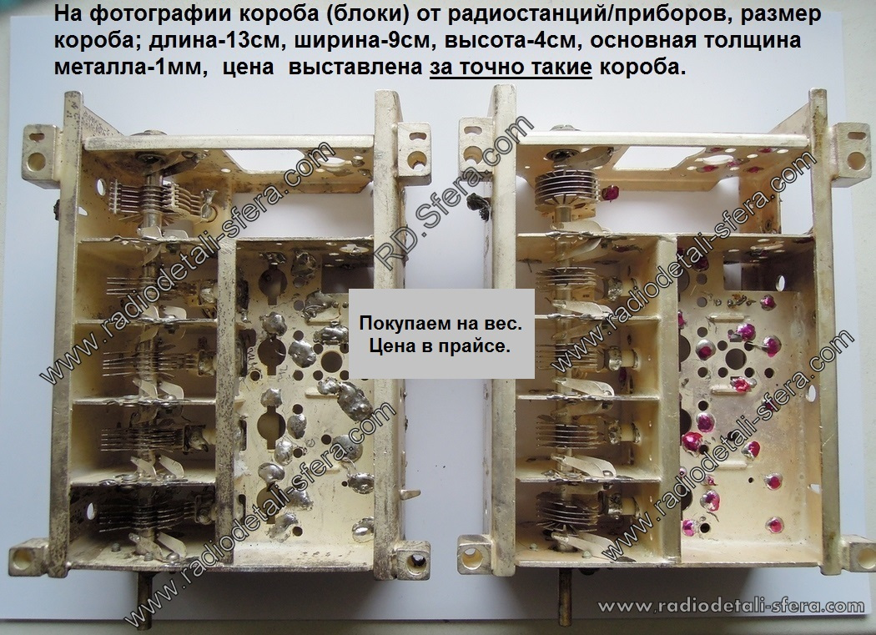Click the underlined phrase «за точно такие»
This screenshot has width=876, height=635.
511,68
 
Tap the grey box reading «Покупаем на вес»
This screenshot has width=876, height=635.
441,335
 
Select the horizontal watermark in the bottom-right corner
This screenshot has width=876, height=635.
731,606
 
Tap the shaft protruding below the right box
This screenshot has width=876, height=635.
566,595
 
